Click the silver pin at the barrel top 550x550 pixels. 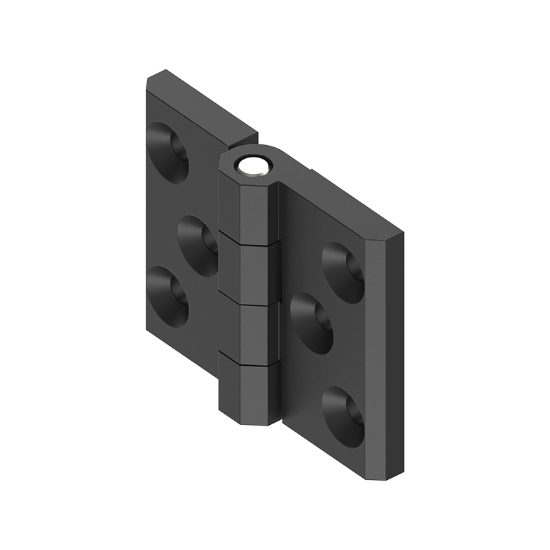(252, 166)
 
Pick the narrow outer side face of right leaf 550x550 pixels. (393, 357)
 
